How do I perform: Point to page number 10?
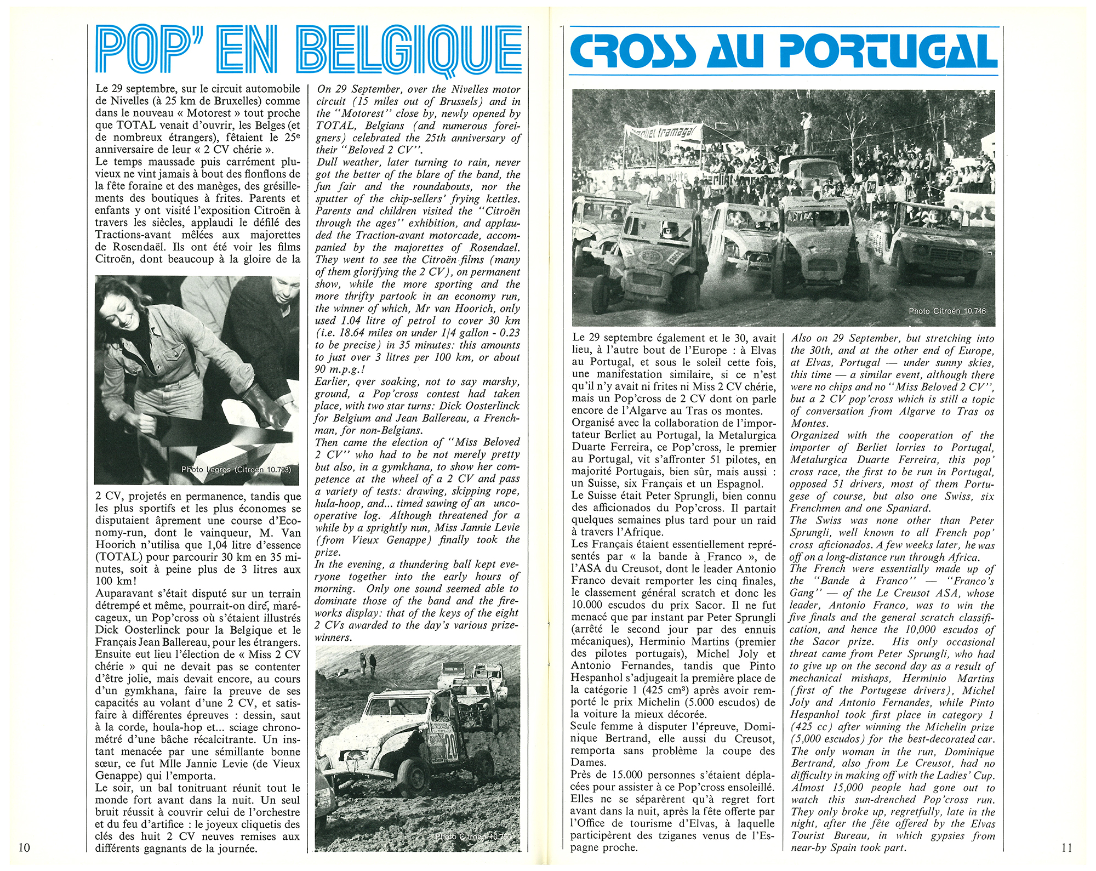25,847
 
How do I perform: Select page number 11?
1066,847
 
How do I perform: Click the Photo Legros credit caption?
236,469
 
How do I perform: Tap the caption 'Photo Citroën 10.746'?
947,311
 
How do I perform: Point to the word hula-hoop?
338,503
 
